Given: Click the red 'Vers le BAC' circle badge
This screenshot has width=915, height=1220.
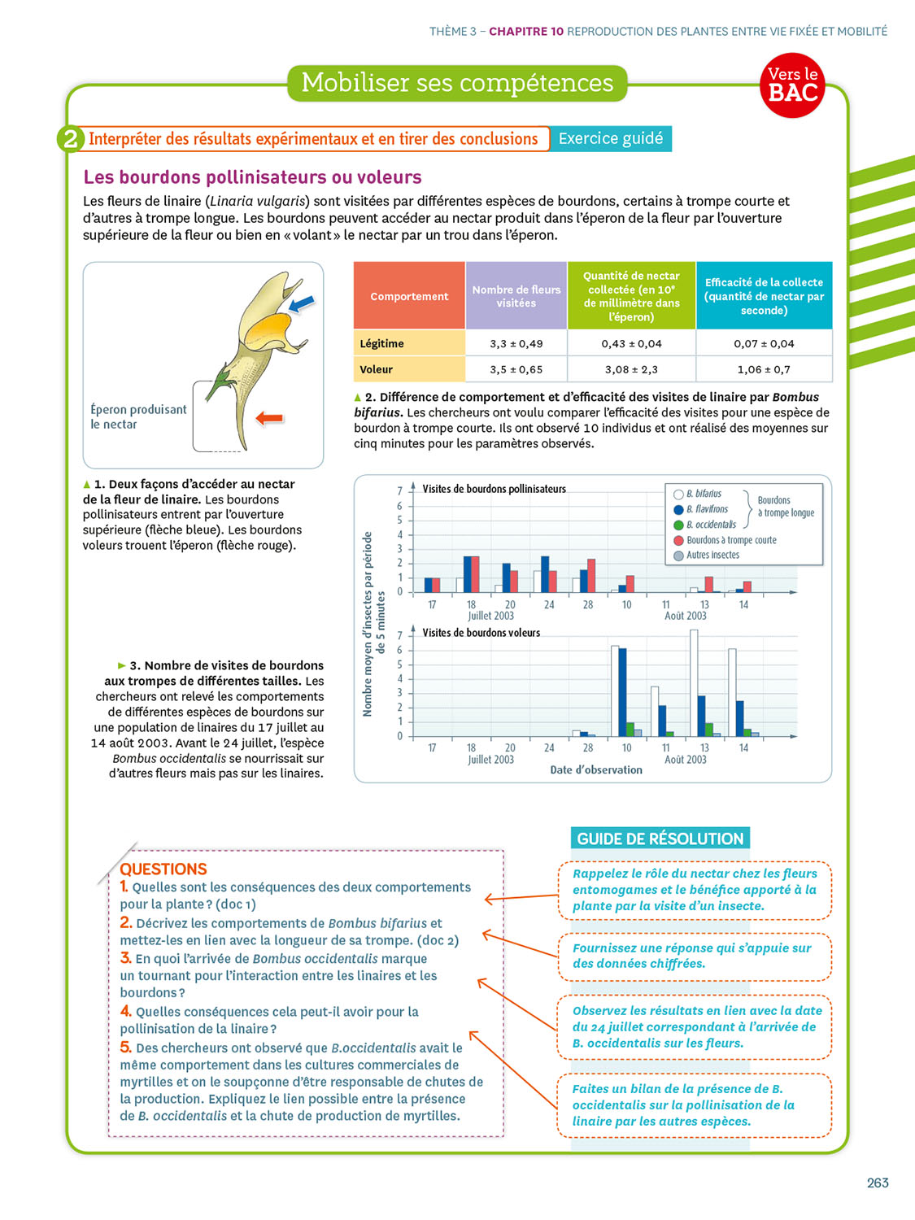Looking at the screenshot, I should pyautogui.click(x=793, y=85).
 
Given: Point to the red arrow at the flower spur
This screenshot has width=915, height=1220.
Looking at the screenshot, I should pyautogui.click(x=269, y=418).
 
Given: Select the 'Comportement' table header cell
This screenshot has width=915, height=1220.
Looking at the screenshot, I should pyautogui.click(x=409, y=296).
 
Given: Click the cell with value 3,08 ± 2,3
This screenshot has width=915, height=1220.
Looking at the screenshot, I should pyautogui.click(x=631, y=369).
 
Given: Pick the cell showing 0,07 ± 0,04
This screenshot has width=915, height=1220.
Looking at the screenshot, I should pyautogui.click(x=764, y=343).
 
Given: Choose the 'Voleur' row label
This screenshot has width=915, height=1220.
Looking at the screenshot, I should pyautogui.click(x=377, y=369).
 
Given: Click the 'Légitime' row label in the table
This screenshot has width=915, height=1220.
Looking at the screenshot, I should pyautogui.click(x=382, y=343).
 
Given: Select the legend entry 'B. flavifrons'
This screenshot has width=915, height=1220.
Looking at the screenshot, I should pyautogui.click(x=706, y=509).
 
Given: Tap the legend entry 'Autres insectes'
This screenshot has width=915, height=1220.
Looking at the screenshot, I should pyautogui.click(x=712, y=556).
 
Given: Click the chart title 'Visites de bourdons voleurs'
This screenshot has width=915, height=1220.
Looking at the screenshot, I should pyautogui.click(x=481, y=633).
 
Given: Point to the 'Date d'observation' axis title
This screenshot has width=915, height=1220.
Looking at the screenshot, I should pyautogui.click(x=596, y=770).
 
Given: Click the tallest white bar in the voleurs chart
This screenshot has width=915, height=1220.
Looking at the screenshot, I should pyautogui.click(x=694, y=683).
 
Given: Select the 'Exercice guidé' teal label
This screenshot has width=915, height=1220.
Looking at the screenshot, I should pyautogui.click(x=611, y=138).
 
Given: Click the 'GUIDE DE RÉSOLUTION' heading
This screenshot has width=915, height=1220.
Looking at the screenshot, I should pyautogui.click(x=660, y=839).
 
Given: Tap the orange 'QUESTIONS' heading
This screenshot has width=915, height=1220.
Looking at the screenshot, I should pyautogui.click(x=163, y=869).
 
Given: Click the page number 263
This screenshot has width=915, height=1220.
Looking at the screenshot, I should pyautogui.click(x=878, y=1183).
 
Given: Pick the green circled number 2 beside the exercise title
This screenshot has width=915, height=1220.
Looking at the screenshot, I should pyautogui.click(x=71, y=139).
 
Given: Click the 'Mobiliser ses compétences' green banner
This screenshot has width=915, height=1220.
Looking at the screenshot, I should pyautogui.click(x=457, y=83).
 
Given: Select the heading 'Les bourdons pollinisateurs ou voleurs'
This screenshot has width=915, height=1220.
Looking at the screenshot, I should pyautogui.click(x=253, y=177).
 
